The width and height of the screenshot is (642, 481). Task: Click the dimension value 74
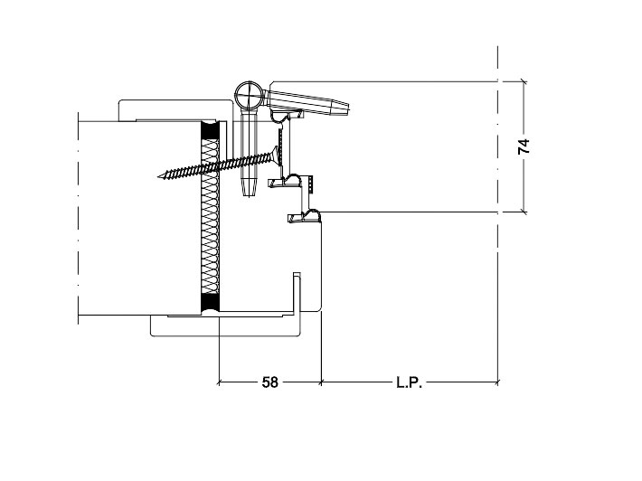[x=524, y=146]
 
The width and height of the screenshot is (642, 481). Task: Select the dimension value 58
[x=269, y=382]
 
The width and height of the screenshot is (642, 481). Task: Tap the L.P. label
[x=409, y=382]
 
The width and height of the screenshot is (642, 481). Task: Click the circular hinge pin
[x=250, y=96]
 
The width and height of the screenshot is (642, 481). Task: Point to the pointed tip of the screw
[x=159, y=177]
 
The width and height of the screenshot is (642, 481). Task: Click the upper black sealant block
[x=210, y=131]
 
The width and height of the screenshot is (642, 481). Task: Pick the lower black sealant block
[x=210, y=304]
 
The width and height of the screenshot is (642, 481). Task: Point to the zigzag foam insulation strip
[x=211, y=217]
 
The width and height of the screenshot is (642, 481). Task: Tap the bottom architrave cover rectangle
[x=225, y=325]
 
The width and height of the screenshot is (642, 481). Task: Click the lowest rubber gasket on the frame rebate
[x=304, y=216]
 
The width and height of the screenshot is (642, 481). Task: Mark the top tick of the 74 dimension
[x=524, y=81]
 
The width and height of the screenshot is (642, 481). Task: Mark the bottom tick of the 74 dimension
[x=524, y=212]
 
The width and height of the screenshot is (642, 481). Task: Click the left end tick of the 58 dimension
[x=219, y=382]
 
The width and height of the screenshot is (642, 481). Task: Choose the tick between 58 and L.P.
[x=321, y=382]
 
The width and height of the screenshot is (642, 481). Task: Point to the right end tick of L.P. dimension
[x=498, y=382]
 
